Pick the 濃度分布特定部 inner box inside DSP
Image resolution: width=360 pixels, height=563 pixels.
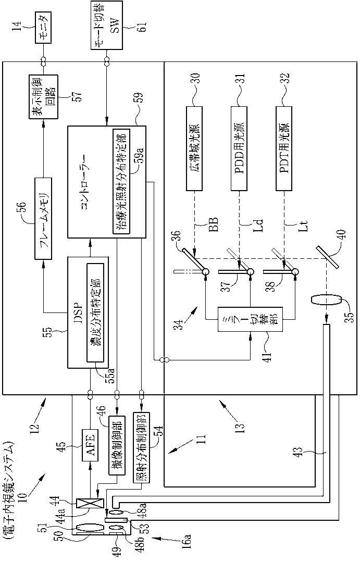(95, 312)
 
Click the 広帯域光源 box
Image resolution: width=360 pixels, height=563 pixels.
(194, 148)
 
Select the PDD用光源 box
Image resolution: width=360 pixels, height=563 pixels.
(239, 148)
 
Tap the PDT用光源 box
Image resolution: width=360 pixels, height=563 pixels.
(284, 148)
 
